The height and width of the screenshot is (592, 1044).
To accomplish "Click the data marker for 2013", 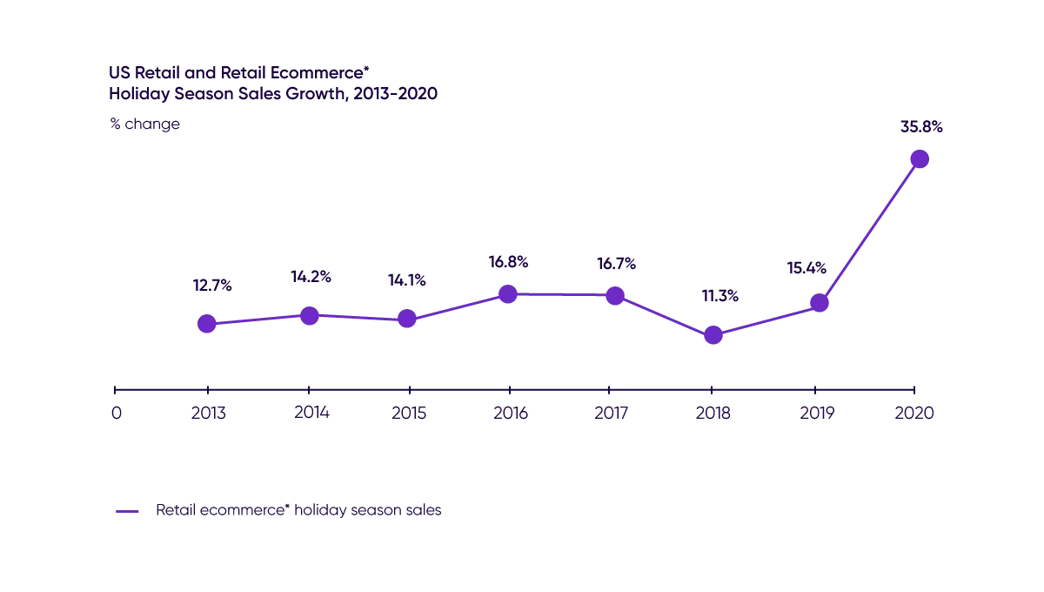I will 206,324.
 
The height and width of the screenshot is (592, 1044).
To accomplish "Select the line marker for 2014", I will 309,316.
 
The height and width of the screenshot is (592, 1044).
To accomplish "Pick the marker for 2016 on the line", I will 510,294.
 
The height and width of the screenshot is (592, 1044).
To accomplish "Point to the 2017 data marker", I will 615,295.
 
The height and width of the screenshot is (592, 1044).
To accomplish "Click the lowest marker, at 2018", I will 713,335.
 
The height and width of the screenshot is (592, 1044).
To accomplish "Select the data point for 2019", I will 818,302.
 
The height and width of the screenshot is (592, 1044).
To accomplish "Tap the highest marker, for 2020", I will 920,158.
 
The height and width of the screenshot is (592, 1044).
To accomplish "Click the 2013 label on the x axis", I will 209,415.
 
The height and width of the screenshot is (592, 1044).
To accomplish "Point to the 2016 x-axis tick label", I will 511,415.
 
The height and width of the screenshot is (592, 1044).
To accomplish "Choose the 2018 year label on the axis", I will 713,415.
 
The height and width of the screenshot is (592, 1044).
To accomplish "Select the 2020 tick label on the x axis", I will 916,415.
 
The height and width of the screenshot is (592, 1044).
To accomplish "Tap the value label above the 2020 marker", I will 921,126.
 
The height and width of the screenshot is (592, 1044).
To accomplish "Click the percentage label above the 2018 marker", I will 719,297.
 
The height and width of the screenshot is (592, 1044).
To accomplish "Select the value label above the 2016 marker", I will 510,261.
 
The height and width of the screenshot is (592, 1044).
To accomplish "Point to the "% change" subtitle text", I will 144,124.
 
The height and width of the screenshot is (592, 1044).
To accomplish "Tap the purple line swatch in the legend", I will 125,511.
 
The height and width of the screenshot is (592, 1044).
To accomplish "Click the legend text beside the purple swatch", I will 299,510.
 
